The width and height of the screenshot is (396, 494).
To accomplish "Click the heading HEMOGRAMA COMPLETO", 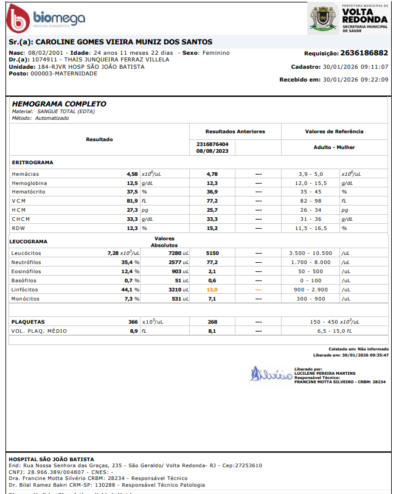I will [x=59, y=104].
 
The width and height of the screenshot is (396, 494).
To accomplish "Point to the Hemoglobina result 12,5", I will [x=132, y=183].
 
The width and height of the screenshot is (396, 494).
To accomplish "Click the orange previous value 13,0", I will [x=212, y=290].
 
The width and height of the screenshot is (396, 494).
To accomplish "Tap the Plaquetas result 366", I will [x=133, y=322].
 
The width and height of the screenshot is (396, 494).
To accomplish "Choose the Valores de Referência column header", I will [x=334, y=131].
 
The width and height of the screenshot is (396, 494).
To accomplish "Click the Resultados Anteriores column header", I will [x=235, y=131].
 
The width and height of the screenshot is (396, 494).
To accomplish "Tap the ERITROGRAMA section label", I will [x=33, y=162].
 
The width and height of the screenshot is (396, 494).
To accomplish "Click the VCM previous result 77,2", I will [x=212, y=201].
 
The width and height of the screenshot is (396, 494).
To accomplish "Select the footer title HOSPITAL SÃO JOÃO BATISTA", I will [x=51, y=458].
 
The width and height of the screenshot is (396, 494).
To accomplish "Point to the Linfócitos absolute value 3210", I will [x=175, y=290].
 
